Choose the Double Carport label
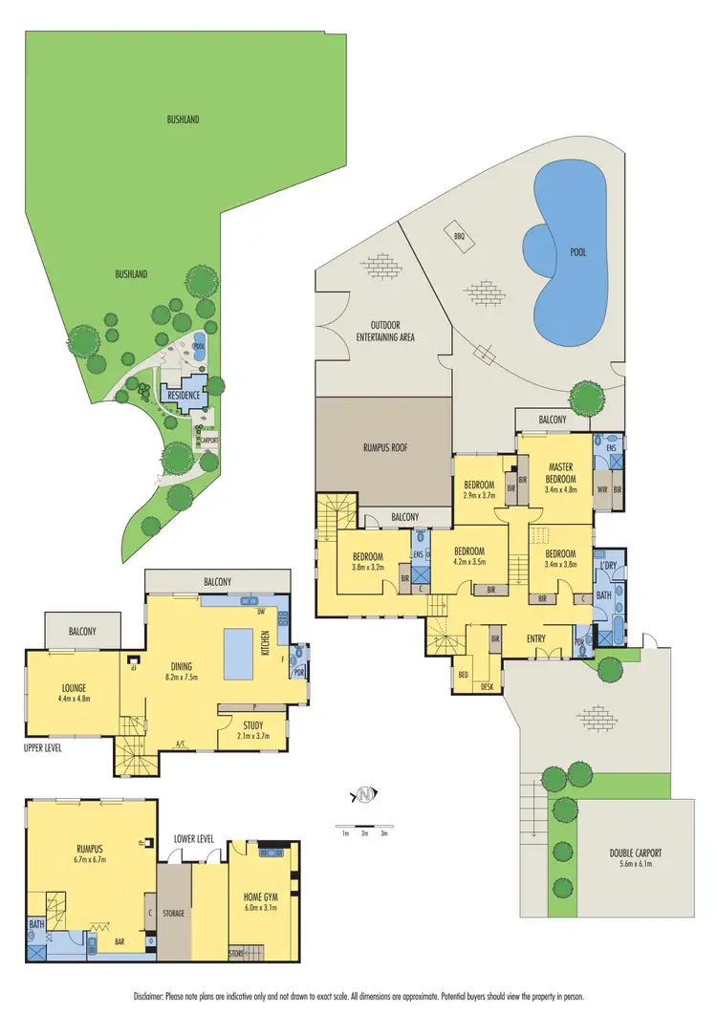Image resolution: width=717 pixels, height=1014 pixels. click(x=636, y=853)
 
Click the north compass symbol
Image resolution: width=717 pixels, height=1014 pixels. click(x=364, y=794)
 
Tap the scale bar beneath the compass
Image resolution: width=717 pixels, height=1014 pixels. click(x=364, y=825)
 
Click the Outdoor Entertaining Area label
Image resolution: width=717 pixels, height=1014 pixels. click(x=385, y=331)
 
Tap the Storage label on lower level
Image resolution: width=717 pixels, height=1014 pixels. click(x=173, y=913)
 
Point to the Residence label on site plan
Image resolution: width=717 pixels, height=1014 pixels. click(x=183, y=395)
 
